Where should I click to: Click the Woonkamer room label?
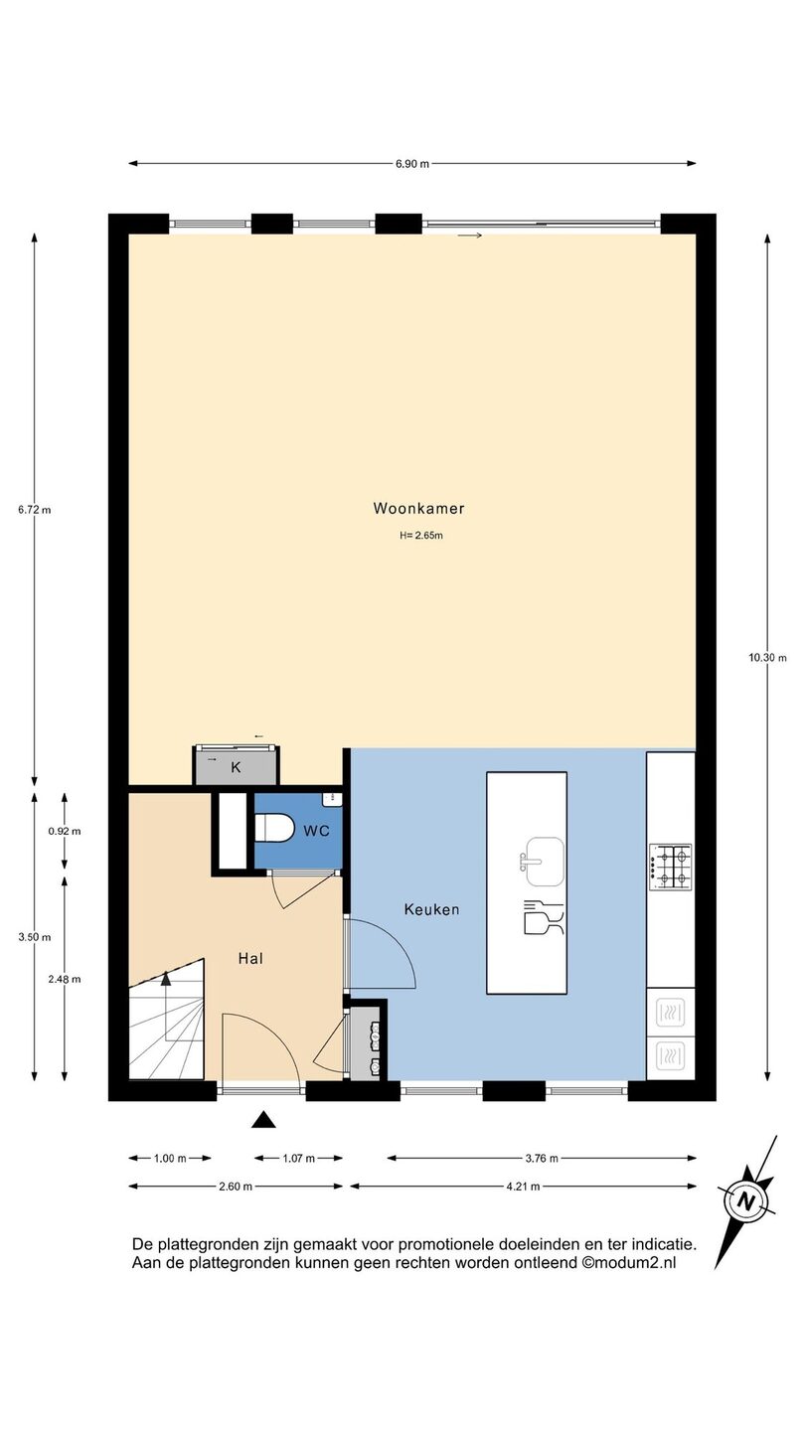(418, 509)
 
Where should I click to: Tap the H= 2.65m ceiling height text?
(421, 536)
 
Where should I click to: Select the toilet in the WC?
(274, 829)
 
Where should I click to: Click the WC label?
(316, 831)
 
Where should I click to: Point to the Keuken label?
(431, 909)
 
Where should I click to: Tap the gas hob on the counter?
(671, 867)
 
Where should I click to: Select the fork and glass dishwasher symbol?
(544, 917)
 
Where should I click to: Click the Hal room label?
(250, 958)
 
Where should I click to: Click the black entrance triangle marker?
(263, 1120)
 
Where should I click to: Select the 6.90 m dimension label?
(412, 164)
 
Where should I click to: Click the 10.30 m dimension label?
(767, 658)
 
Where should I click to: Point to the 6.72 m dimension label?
(35, 510)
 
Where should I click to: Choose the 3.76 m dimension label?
(542, 1159)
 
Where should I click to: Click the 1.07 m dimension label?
(298, 1159)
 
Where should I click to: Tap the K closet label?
(236, 768)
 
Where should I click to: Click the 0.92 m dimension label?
(65, 831)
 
